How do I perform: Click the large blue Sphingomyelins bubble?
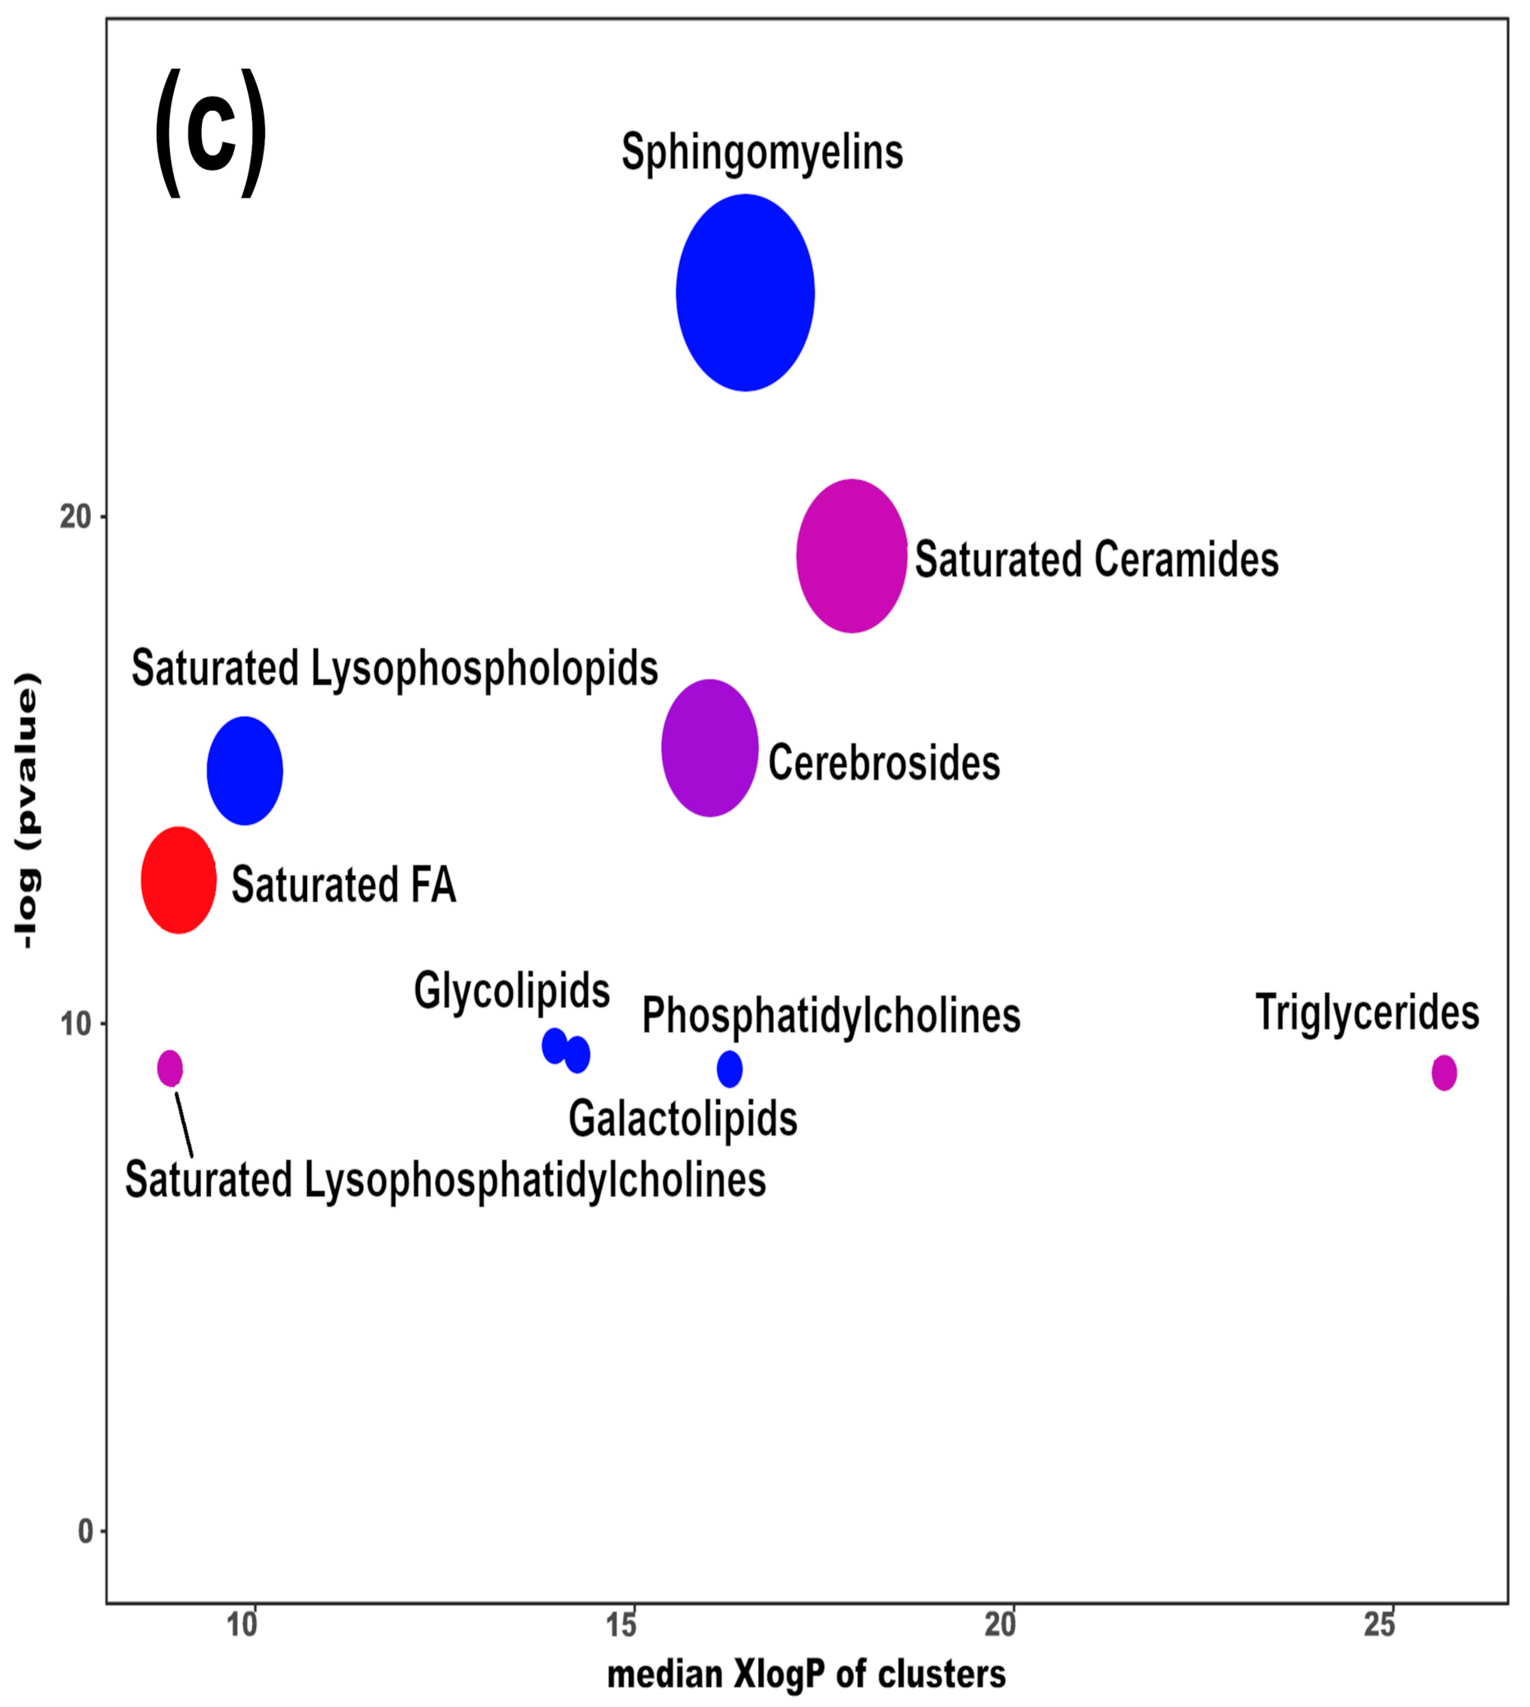pos(745,293)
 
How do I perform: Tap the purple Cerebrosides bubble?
pos(710,748)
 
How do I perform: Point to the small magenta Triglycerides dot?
pos(1443,1072)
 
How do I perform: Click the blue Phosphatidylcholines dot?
pos(730,1069)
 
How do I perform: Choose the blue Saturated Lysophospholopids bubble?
pos(245,770)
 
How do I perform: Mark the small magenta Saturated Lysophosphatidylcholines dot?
pos(170,1068)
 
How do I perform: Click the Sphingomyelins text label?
pos(762,152)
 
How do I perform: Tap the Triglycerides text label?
pos(1367,1012)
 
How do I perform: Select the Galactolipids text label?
pos(683,1119)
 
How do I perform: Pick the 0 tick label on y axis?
pos(85,1531)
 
